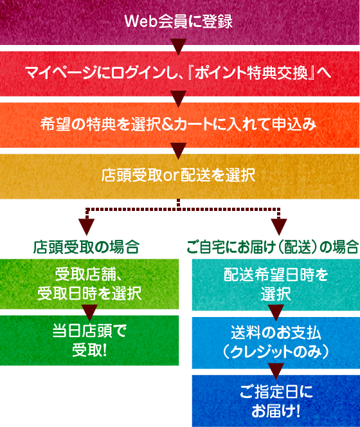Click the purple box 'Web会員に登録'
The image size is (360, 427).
tap(180, 22)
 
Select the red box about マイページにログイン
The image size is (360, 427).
tap(180, 73)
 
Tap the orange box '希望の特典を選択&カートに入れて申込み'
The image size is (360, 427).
tap(180, 125)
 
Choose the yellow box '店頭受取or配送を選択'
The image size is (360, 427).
tap(180, 176)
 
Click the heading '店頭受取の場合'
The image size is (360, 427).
tap(86, 248)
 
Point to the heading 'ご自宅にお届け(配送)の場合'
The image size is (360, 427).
tap(273, 248)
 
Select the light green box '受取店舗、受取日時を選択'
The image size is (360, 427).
tap(89, 284)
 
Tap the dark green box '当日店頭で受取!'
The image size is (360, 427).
tap(89, 340)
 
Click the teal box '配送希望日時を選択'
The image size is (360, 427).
tap(276, 285)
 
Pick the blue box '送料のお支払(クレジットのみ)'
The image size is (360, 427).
tap(276, 343)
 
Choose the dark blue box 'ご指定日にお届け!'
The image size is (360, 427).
tap(276, 401)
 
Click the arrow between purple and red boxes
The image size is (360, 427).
tap(178, 46)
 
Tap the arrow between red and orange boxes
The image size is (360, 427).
tap(178, 98)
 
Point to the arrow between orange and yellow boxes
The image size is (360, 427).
tap(178, 150)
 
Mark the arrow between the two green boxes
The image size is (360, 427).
tap(89, 313)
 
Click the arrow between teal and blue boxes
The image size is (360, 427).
tap(276, 313)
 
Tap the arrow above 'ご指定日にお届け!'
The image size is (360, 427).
tap(276, 371)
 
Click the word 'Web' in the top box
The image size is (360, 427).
tap(141, 21)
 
